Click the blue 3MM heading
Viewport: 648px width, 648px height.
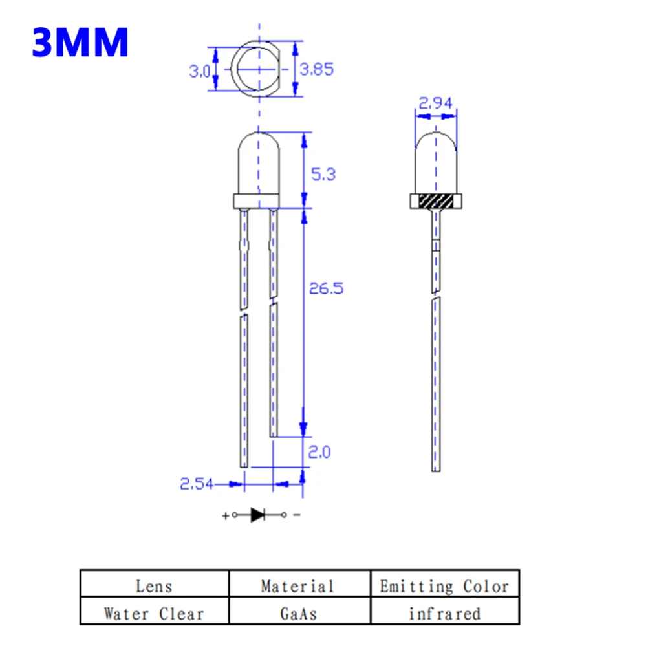click(x=80, y=42)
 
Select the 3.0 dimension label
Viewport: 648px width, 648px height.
click(x=200, y=72)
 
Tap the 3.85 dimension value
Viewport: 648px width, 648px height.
click(x=316, y=69)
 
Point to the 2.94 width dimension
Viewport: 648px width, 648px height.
click(x=436, y=102)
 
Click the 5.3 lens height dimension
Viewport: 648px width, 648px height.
click(x=323, y=175)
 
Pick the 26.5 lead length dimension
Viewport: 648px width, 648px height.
click(x=326, y=288)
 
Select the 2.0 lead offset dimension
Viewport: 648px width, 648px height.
click(x=319, y=451)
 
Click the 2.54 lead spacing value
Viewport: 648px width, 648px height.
click(x=197, y=484)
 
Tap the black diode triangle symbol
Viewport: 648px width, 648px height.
click(x=257, y=515)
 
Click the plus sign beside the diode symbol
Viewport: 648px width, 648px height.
click(x=225, y=516)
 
